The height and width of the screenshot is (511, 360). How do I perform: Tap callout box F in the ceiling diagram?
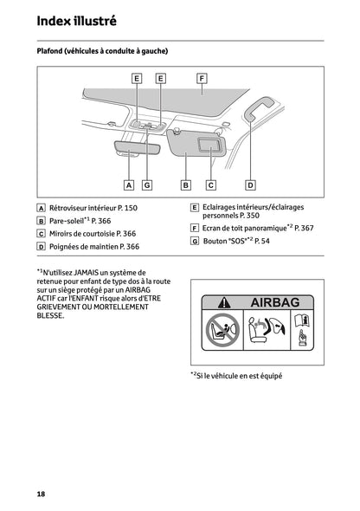click(201, 78)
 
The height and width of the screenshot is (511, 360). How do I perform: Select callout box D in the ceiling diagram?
click(250, 184)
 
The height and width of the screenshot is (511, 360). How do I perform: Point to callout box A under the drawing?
click(128, 184)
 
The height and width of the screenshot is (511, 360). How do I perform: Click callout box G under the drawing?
click(147, 184)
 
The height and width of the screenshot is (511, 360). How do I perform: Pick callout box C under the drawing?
click(210, 184)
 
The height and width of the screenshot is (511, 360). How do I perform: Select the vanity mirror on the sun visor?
click(209, 145)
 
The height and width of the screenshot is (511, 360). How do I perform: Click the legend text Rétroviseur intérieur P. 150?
click(93, 209)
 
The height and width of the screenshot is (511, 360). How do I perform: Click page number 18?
click(41, 493)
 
